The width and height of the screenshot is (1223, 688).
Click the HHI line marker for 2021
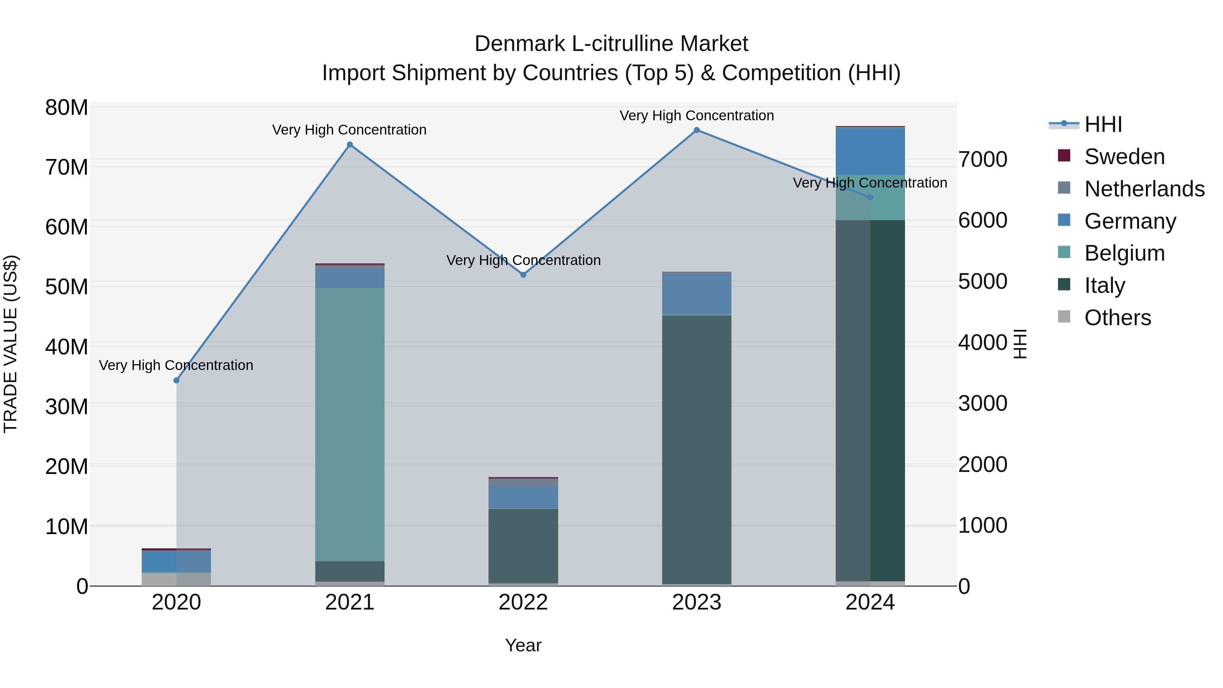tap(350, 145)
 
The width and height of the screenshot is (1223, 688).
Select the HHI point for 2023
tap(696, 130)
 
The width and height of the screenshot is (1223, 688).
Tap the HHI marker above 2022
tap(523, 275)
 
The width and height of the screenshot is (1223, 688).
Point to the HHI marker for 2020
tap(177, 380)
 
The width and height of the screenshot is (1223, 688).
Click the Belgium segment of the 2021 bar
tap(350, 425)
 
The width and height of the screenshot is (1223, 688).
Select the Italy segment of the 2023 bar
tap(696, 449)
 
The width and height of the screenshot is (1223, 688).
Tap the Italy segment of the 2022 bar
tap(523, 546)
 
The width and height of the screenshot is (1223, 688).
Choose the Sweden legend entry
tap(1125, 157)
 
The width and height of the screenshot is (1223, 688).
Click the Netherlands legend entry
tap(1144, 189)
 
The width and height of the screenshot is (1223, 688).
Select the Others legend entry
tap(1118, 318)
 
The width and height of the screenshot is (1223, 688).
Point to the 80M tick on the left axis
tap(67, 108)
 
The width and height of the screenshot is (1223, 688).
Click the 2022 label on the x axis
tap(523, 602)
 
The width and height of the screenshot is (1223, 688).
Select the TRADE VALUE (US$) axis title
tap(11, 344)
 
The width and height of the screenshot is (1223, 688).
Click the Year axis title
tap(523, 645)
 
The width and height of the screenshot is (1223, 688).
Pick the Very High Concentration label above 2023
tap(696, 116)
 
